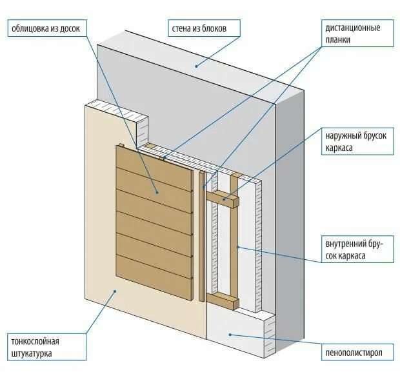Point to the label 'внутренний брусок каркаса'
click(357, 250)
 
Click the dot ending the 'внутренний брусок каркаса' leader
click(238, 246)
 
